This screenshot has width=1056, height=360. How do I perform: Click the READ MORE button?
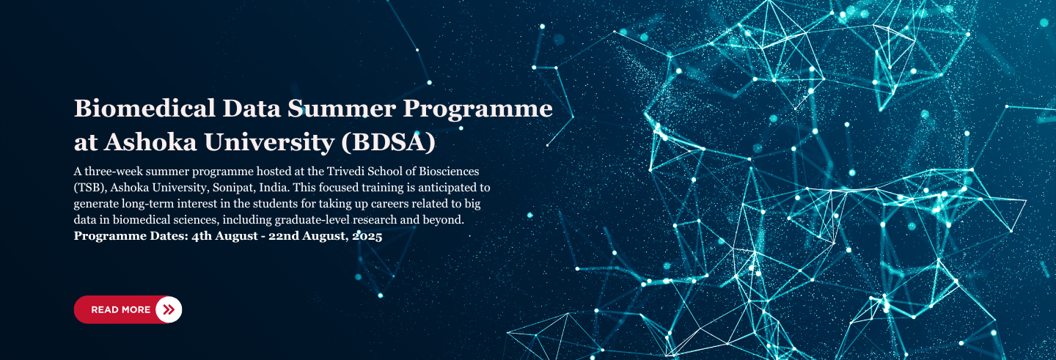[x=128, y=309]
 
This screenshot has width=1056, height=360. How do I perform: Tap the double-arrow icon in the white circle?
[x=169, y=309]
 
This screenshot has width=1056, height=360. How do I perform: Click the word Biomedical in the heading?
[x=144, y=109]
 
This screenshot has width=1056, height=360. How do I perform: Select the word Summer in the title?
[x=342, y=109]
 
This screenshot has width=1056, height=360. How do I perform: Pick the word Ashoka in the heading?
[x=150, y=142]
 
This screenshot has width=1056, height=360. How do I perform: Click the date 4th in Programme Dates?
[x=202, y=236]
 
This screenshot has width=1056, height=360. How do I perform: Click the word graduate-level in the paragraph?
[x=312, y=220]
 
